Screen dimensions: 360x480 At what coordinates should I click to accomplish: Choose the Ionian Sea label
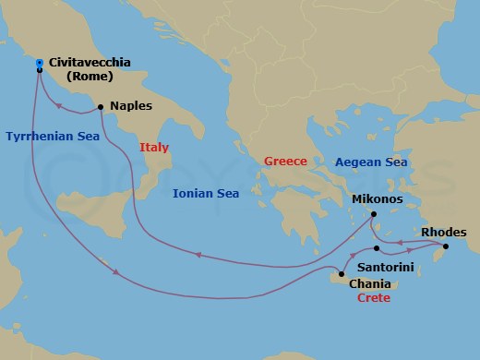click(x=206, y=193)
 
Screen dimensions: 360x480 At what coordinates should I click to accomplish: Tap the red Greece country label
click(x=285, y=161)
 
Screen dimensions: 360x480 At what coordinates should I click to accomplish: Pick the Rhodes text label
click(x=444, y=232)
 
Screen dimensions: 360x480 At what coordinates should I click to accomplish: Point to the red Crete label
click(x=374, y=298)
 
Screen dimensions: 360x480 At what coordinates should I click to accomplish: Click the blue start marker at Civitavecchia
click(x=39, y=63)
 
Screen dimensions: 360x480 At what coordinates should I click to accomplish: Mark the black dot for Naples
click(x=100, y=106)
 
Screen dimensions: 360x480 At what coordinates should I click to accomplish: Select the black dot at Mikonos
click(x=373, y=215)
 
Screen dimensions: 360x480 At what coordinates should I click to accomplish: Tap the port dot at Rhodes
click(x=446, y=246)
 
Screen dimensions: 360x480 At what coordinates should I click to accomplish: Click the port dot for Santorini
click(x=377, y=248)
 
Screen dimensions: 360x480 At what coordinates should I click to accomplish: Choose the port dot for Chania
click(x=342, y=273)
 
